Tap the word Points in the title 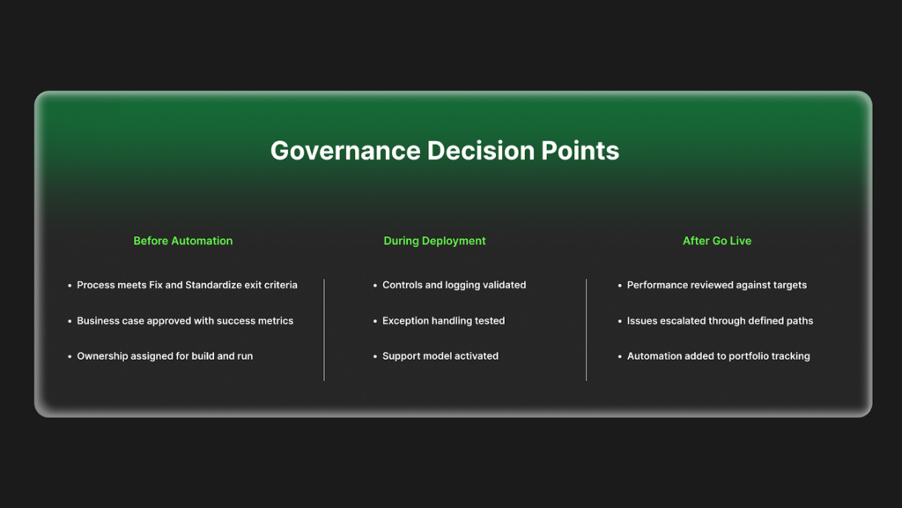pyautogui.click(x=580, y=151)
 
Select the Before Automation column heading pyautogui.click(x=183, y=241)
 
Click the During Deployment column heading pyautogui.click(x=434, y=241)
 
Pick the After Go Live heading pyautogui.click(x=717, y=241)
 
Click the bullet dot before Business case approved pyautogui.click(x=70, y=321)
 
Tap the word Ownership pyautogui.click(x=102, y=356)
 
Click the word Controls pyautogui.click(x=402, y=285)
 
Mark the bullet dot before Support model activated pyautogui.click(x=375, y=356)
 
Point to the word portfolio pyautogui.click(x=747, y=356)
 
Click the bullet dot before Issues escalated pyautogui.click(x=619, y=321)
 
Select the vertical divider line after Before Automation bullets pyautogui.click(x=324, y=330)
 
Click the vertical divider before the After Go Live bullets pyautogui.click(x=586, y=330)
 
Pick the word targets pyautogui.click(x=789, y=285)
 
